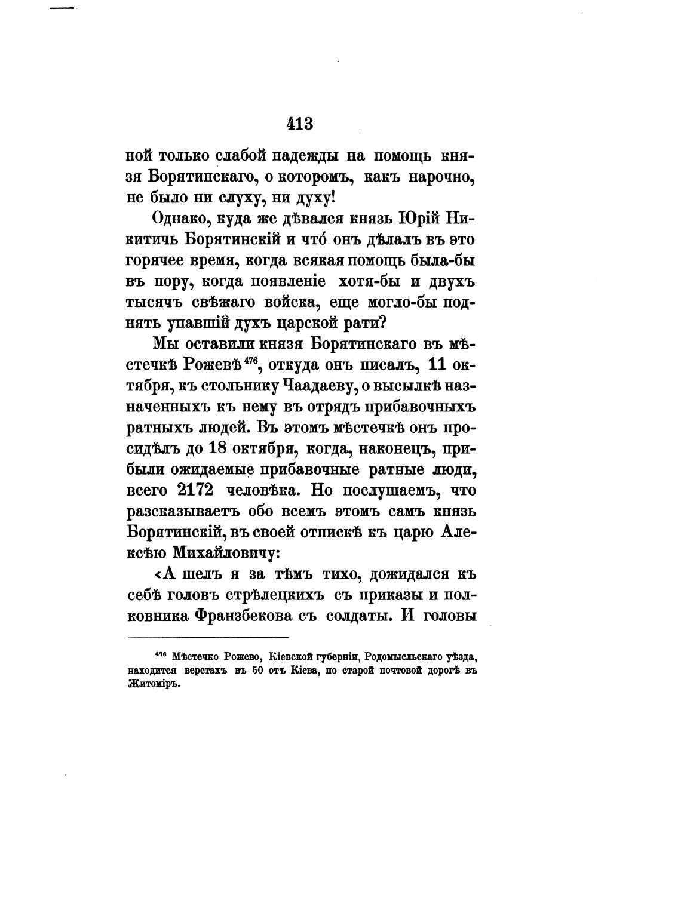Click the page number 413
pos(300,124)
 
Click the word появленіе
pos(281,282)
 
